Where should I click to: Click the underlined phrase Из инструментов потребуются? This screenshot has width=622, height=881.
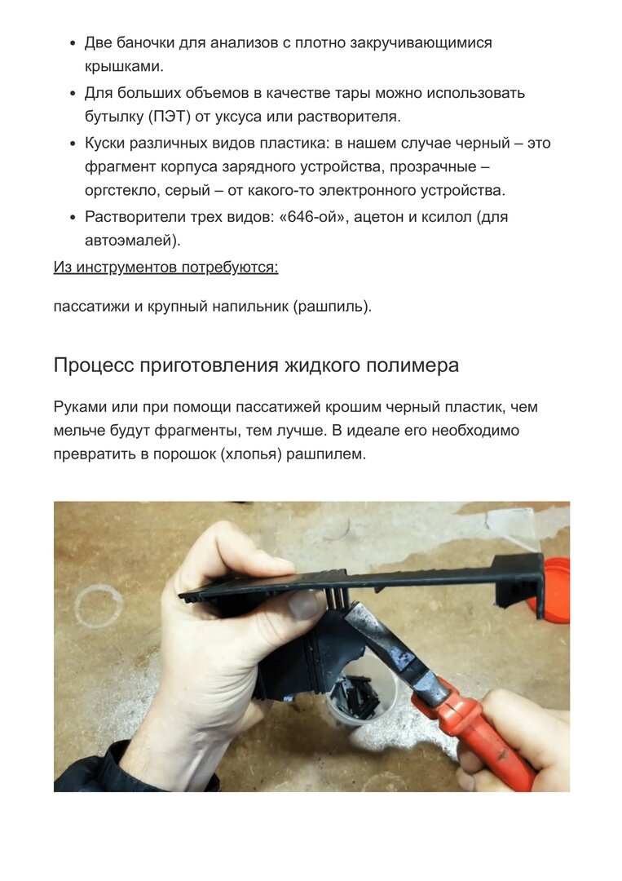pos(165,267)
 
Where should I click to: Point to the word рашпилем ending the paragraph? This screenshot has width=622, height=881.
pos(326,454)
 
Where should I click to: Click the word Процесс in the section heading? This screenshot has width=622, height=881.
pos(94,365)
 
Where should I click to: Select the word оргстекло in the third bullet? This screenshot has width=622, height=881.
pos(121,191)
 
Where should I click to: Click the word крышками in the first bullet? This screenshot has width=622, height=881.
pos(124,67)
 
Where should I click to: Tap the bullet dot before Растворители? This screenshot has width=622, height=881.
pos(73,218)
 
